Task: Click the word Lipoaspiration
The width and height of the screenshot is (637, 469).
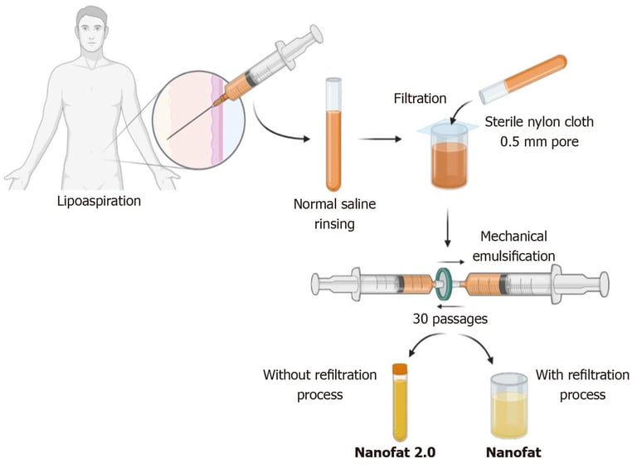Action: pyautogui.click(x=100, y=201)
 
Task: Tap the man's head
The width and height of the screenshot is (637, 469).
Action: pyautogui.click(x=93, y=29)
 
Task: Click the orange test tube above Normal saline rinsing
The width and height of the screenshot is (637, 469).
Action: pyautogui.click(x=333, y=135)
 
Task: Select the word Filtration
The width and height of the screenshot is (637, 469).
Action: pyautogui.click(x=420, y=98)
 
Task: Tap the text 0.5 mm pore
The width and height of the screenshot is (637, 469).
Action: pyautogui.click(x=539, y=142)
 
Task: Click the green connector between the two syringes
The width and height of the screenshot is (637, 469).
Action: pyautogui.click(x=443, y=283)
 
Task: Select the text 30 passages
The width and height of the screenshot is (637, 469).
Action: pyautogui.click(x=450, y=319)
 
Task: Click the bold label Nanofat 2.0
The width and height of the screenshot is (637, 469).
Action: pyautogui.click(x=395, y=452)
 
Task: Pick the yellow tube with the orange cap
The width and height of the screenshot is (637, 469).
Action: pyautogui.click(x=400, y=402)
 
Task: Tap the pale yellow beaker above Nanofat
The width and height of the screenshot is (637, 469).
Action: pyautogui.click(x=509, y=406)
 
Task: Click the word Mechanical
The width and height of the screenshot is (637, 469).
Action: pyautogui.click(x=513, y=236)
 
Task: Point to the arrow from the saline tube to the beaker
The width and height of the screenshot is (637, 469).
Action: pyautogui.click(x=380, y=139)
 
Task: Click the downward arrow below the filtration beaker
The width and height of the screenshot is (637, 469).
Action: pyautogui.click(x=448, y=227)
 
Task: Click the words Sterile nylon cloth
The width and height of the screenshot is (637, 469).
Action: pyautogui.click(x=539, y=122)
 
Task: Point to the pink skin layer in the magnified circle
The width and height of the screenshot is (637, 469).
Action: pyautogui.click(x=217, y=121)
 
